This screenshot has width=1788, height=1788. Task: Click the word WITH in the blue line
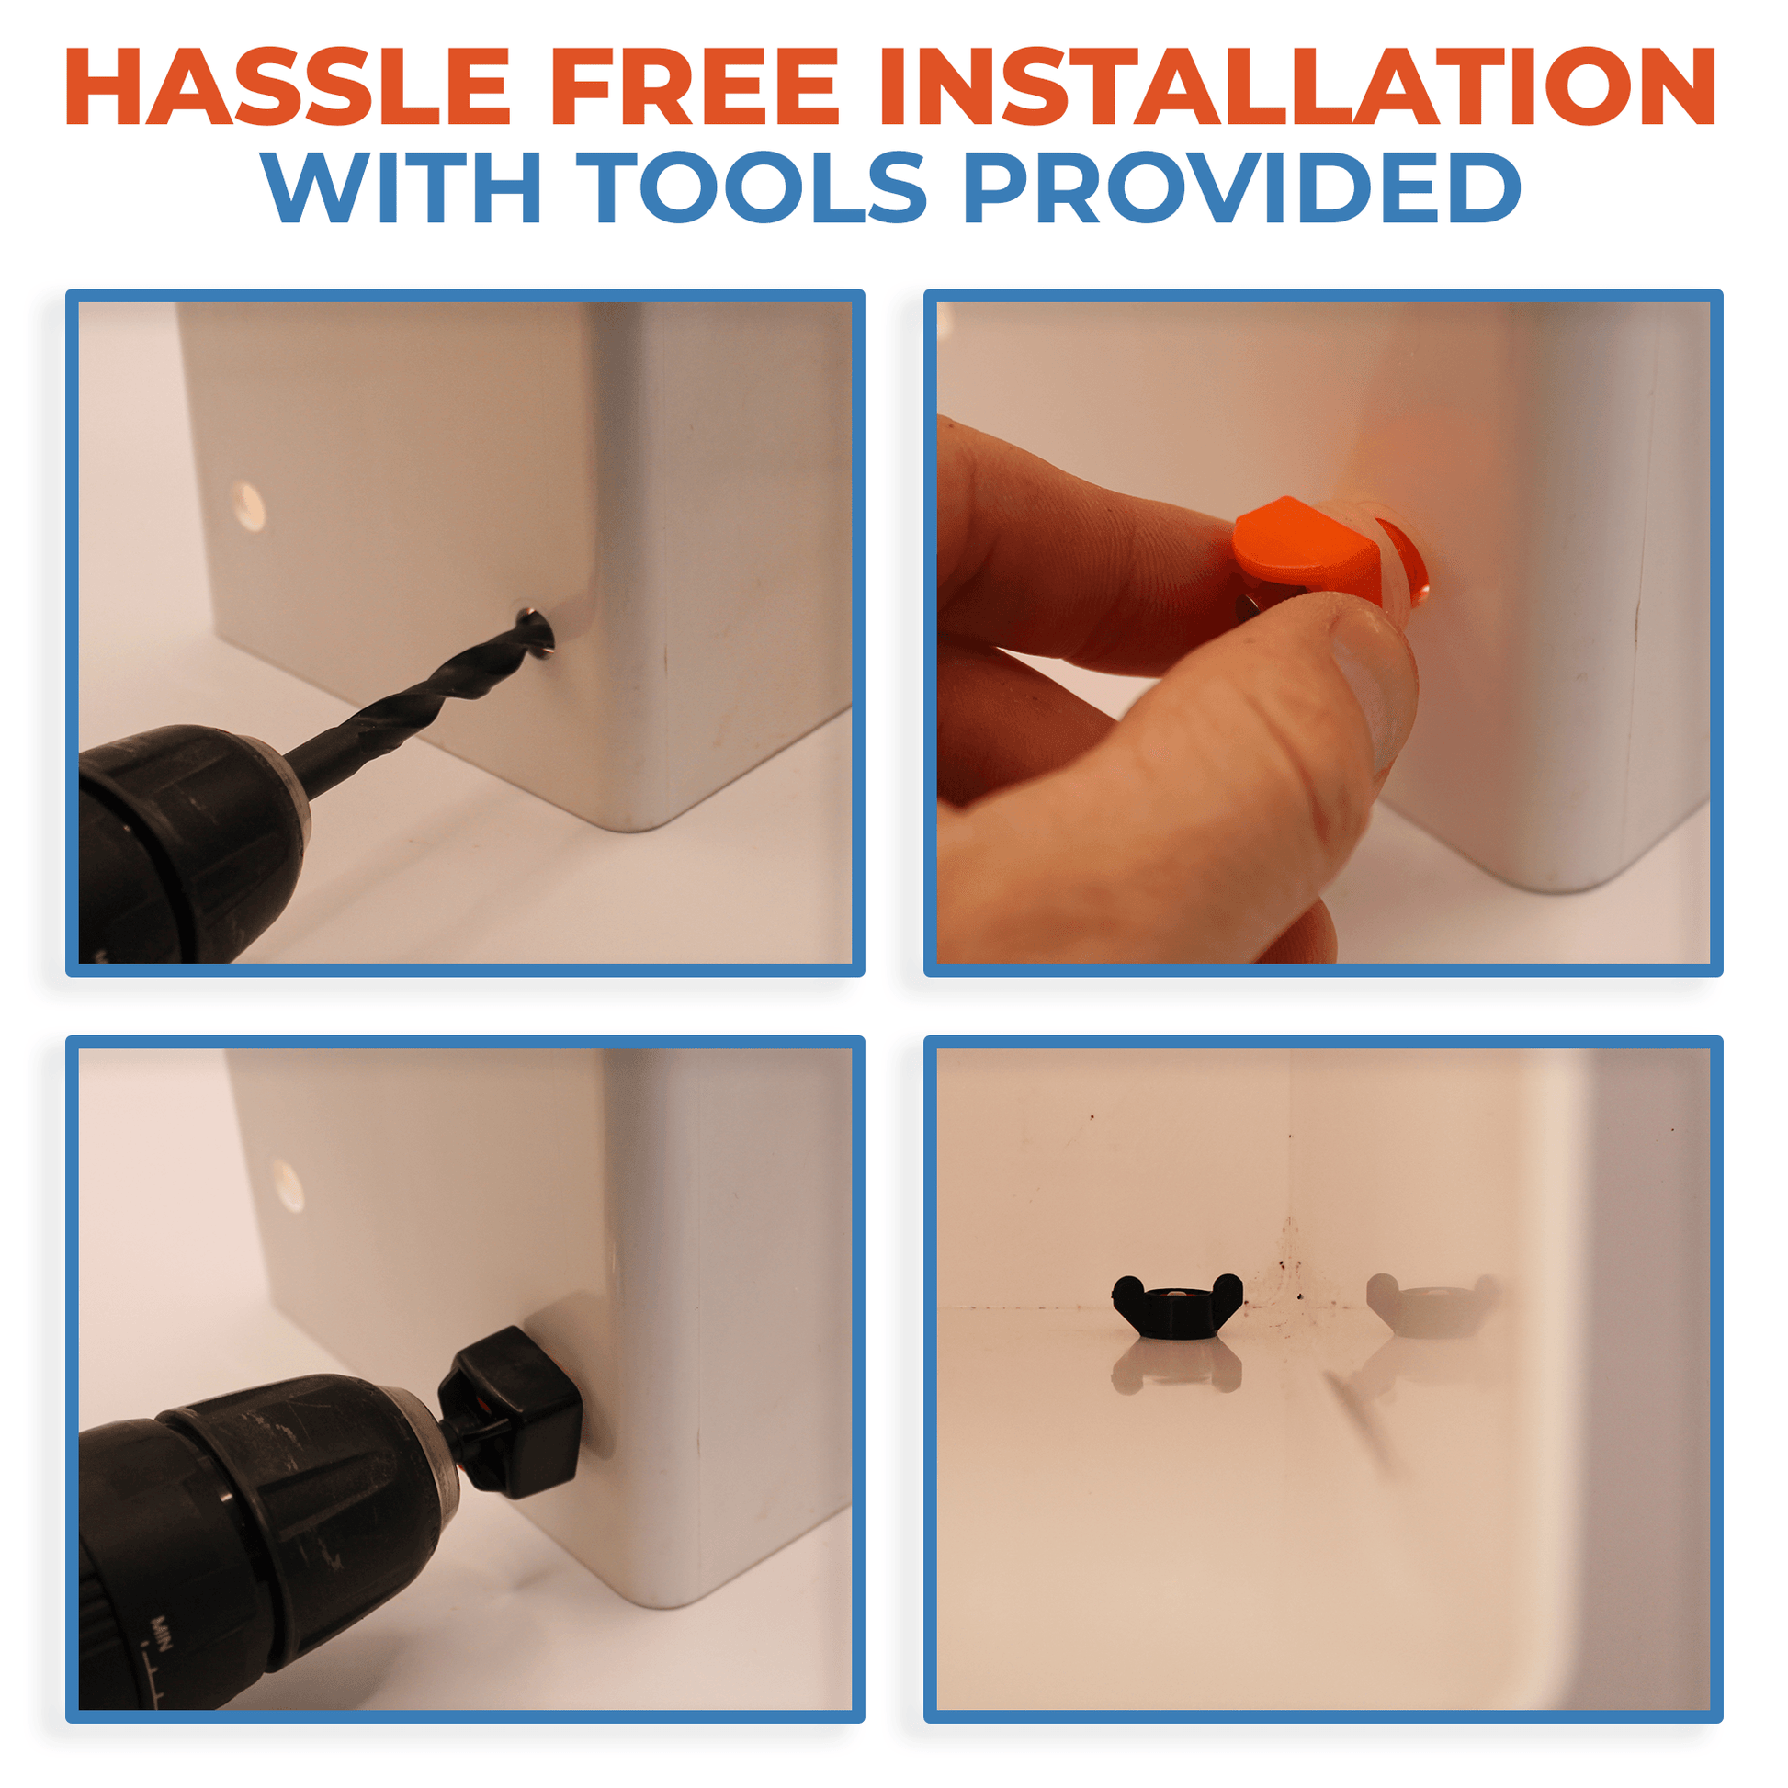401,187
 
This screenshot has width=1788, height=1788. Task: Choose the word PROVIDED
1243,187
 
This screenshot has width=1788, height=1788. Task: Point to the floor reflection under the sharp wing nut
1176,1366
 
